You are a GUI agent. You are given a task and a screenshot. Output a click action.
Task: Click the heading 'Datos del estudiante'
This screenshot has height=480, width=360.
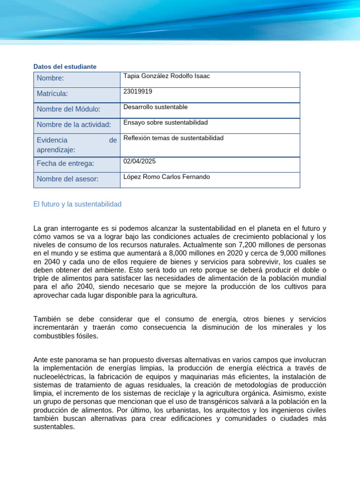tap(65, 67)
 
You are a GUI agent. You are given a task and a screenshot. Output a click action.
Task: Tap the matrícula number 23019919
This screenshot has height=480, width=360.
tap(138, 91)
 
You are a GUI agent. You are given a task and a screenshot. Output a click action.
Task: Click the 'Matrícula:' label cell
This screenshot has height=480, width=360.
tap(52, 94)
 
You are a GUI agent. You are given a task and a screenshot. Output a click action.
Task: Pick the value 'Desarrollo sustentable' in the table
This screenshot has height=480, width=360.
tap(156, 107)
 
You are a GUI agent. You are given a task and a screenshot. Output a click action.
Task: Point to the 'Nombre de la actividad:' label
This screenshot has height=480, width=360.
tap(74, 124)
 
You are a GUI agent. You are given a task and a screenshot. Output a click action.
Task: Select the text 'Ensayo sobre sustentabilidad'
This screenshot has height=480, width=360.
tap(165, 122)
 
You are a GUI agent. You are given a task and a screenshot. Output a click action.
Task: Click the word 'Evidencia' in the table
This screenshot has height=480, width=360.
tap(52, 140)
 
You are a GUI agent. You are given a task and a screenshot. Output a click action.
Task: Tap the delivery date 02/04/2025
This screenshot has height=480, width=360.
tap(139, 161)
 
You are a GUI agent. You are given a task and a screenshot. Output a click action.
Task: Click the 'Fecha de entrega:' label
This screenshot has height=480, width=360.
tap(66, 164)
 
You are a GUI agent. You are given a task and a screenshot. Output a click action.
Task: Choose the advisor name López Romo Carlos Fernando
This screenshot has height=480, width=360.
tap(166, 177)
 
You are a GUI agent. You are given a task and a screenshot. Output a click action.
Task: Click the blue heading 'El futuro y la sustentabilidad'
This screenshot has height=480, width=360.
tap(77, 204)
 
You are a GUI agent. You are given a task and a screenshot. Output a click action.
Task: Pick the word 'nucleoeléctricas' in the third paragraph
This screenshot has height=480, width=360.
tap(59, 376)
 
